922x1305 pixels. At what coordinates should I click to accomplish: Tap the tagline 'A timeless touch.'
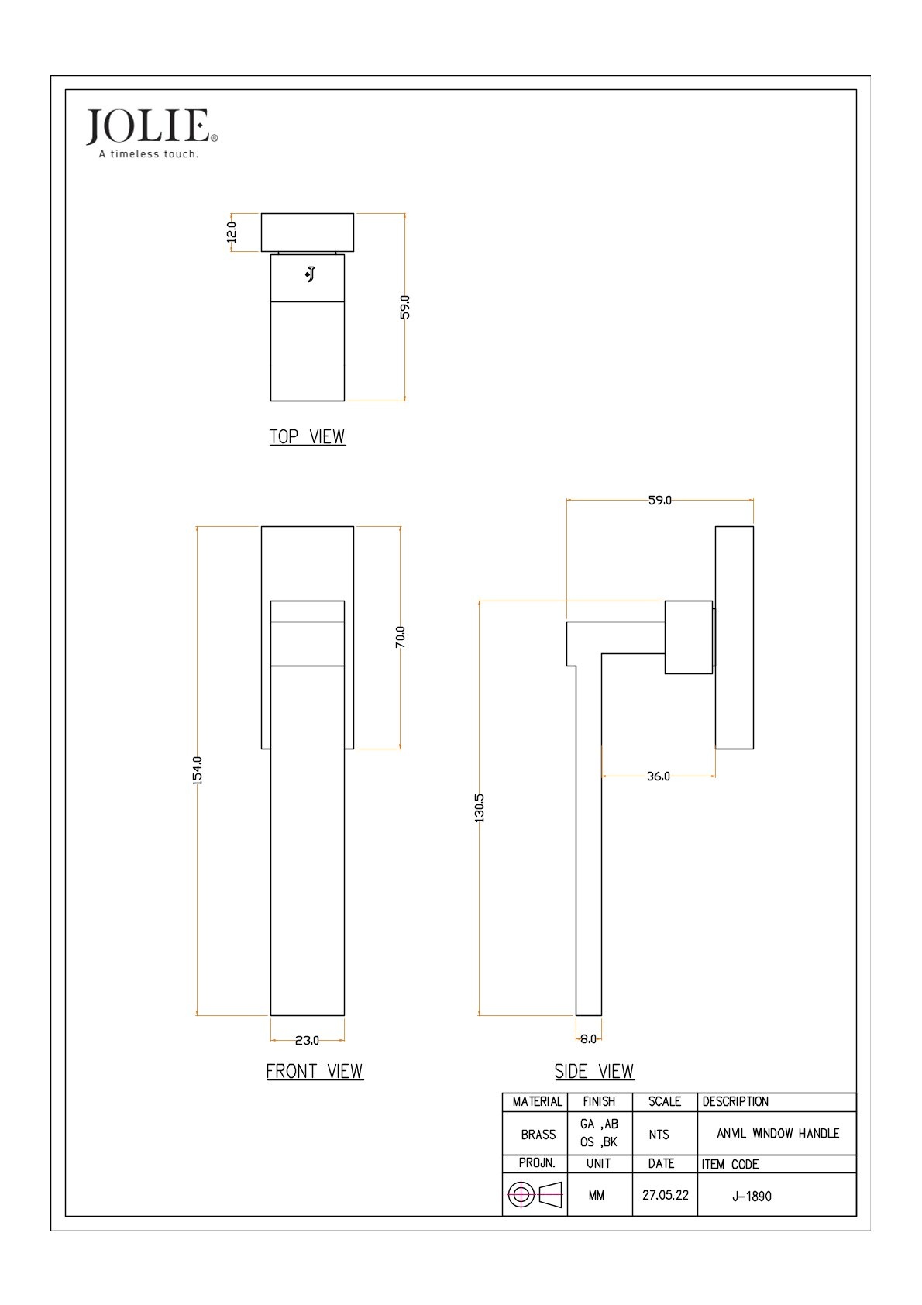point(149,154)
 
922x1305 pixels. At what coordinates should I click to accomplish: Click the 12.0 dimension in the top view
point(232,232)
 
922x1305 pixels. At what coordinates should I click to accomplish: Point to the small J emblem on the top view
point(311,274)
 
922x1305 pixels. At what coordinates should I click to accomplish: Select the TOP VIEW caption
point(307,436)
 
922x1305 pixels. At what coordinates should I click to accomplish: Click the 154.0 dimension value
point(198,770)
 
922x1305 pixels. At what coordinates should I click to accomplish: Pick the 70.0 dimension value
point(400,637)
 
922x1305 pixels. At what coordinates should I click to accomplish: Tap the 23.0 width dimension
point(307,1040)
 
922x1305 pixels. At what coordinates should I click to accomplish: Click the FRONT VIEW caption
point(315,1071)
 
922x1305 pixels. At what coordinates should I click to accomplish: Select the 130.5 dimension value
point(480,808)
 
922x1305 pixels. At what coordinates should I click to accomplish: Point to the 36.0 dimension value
point(658,776)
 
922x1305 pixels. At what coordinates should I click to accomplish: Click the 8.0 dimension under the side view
point(588,1038)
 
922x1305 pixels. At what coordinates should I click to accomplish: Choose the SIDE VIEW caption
point(594,1071)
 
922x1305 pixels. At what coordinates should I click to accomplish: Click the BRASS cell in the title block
point(538,1135)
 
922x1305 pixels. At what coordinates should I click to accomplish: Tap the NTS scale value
point(659,1135)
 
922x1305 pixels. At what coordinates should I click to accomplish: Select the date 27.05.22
point(665,1195)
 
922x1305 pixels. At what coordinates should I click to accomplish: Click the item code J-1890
point(752,1196)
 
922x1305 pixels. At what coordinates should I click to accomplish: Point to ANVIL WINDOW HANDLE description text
point(778,1133)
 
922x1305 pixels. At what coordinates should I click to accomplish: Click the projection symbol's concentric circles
point(521,1195)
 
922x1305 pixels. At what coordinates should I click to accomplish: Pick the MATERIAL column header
point(537,1101)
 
